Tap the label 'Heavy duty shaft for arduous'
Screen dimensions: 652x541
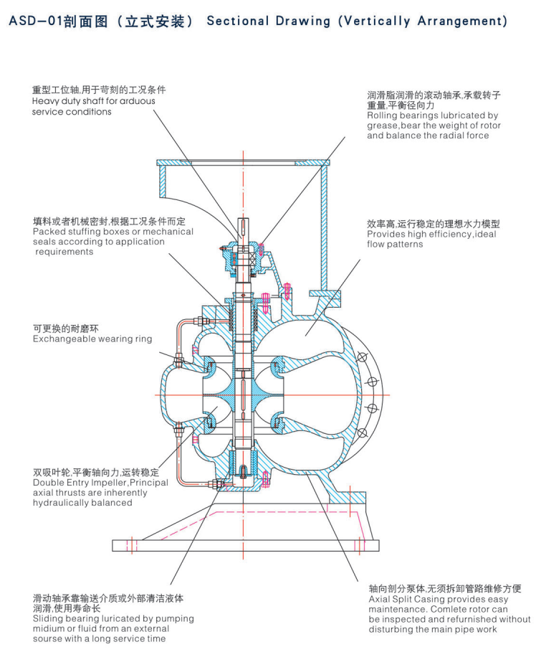(x=93, y=101)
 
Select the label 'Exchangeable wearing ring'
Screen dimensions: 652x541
(x=92, y=339)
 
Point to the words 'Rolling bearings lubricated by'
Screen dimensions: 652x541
(x=432, y=115)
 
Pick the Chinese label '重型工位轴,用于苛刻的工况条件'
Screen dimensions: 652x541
(x=99, y=90)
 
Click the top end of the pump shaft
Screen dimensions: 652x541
(x=244, y=221)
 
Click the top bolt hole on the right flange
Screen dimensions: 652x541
(x=361, y=357)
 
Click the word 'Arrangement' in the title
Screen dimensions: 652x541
(x=456, y=22)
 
